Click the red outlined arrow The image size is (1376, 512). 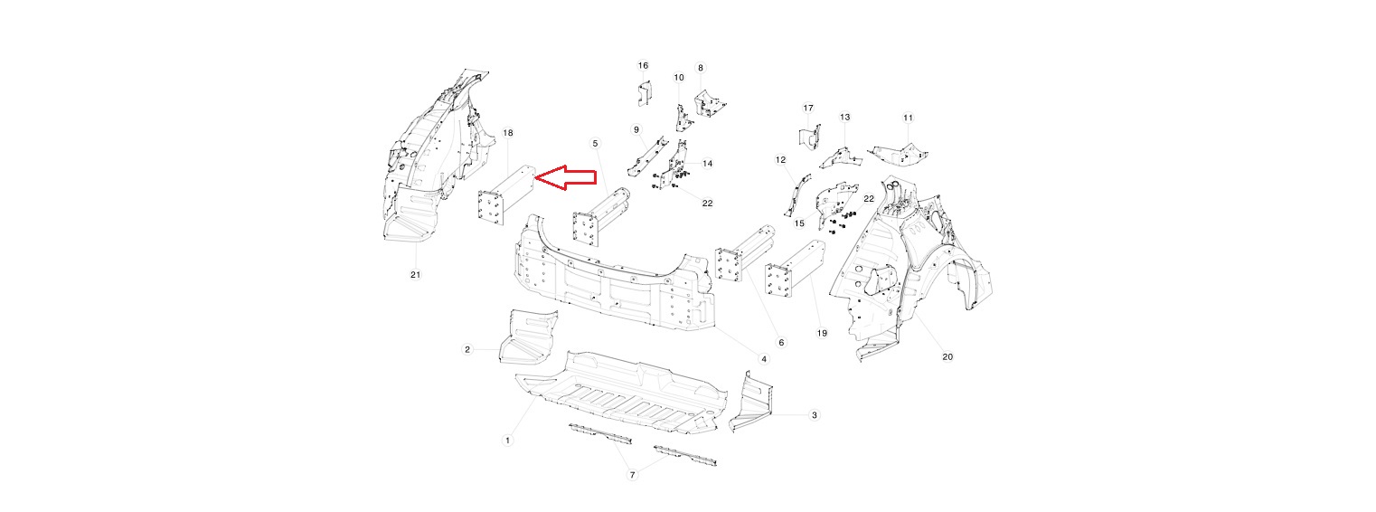tap(566, 178)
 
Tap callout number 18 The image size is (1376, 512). tap(508, 133)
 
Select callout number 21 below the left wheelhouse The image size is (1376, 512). tap(416, 274)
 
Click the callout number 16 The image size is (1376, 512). tap(643, 65)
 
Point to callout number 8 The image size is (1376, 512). tap(700, 68)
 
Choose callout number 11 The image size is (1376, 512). tap(908, 118)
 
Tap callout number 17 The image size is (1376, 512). tap(808, 109)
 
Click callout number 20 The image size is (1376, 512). tap(947, 356)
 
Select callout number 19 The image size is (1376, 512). tap(822, 333)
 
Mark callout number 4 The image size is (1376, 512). tap(764, 359)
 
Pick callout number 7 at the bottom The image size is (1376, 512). tap(633, 475)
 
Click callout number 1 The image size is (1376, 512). tap(508, 440)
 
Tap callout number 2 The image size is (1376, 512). tap(467, 349)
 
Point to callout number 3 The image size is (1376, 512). tap(815, 415)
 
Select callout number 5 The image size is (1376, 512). tap(595, 143)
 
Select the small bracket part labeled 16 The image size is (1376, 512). tap(644, 92)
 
